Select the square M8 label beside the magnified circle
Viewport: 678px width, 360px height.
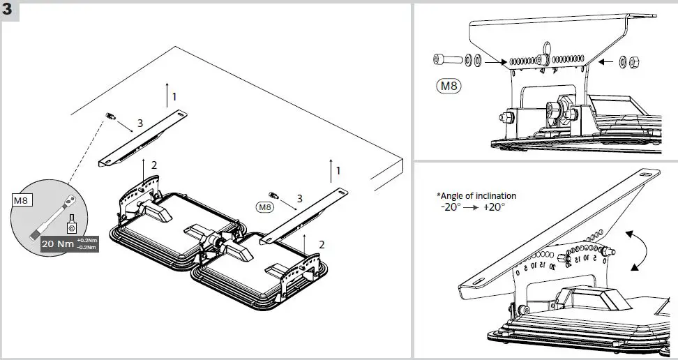click(x=20, y=200)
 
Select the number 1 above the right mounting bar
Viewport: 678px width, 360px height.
click(x=338, y=170)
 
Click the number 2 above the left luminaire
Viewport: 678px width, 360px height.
click(x=153, y=165)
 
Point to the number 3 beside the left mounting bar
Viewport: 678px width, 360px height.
click(x=140, y=123)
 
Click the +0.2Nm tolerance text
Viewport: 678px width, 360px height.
click(x=86, y=241)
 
